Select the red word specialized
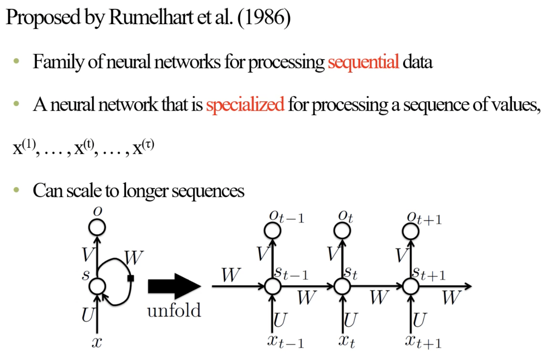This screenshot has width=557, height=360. click(x=245, y=105)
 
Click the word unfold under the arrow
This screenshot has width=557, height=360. click(x=174, y=310)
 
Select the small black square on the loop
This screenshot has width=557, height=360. click(x=131, y=279)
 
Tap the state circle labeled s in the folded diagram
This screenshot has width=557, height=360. click(x=98, y=286)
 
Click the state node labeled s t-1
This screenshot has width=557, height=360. click(x=272, y=286)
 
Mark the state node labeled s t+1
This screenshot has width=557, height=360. click(x=410, y=286)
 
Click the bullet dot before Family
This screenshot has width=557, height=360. click(x=16, y=62)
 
